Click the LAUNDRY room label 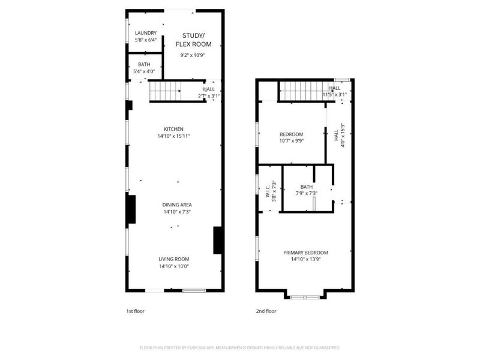click(x=146, y=33)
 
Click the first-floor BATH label click(x=145, y=64)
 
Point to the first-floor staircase click(x=165, y=91)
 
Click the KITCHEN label click(x=173, y=129)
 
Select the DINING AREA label click(x=173, y=205)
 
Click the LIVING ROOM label click(x=174, y=259)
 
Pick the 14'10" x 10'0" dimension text click(x=174, y=266)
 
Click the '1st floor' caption click(x=136, y=311)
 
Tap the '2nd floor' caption click(x=266, y=311)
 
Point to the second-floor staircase click(x=299, y=92)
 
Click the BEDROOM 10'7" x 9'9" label click(x=292, y=134)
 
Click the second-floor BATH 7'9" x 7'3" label click(x=307, y=187)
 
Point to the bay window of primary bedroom click(x=305, y=296)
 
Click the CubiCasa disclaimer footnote click(x=240, y=347)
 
